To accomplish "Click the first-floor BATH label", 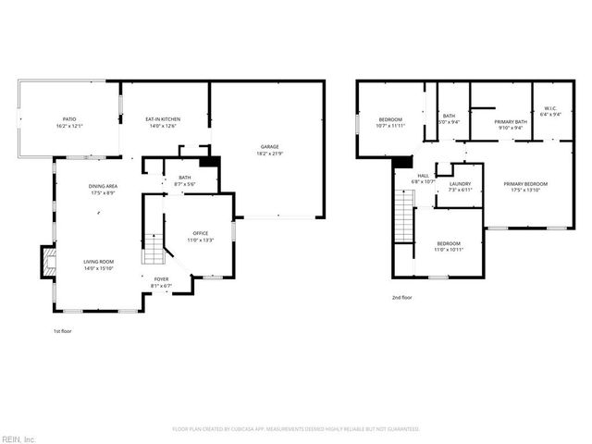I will click(184, 179).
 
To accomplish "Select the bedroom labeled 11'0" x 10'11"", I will click(449, 245).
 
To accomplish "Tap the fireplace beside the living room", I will click(45, 261).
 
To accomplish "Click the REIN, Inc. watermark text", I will click(18, 438).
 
